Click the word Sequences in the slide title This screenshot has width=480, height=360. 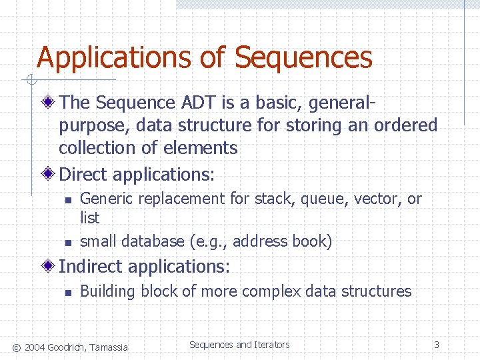pos(303,58)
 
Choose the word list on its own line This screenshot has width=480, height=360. pos(89,218)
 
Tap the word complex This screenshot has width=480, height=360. pos(269,292)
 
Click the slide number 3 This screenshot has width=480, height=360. pos(436,345)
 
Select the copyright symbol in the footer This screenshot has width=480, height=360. pos(17,347)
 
